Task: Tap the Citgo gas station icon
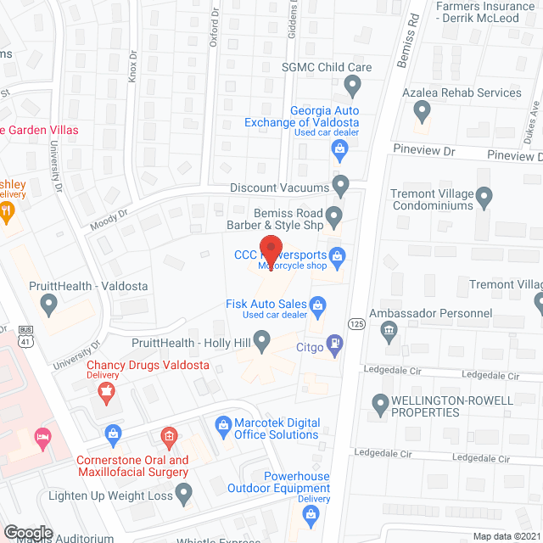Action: (336, 344)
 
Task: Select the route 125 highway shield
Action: (355, 322)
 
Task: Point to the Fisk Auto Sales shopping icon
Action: (318, 303)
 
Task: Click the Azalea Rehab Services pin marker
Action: (422, 109)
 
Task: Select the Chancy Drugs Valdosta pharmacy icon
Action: (106, 389)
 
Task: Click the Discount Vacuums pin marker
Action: (340, 183)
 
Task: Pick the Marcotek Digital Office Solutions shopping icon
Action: (223, 423)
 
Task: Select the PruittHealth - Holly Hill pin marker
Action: (262, 342)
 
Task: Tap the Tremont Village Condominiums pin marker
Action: (484, 198)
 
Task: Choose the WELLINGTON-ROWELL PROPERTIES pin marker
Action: (379, 401)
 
